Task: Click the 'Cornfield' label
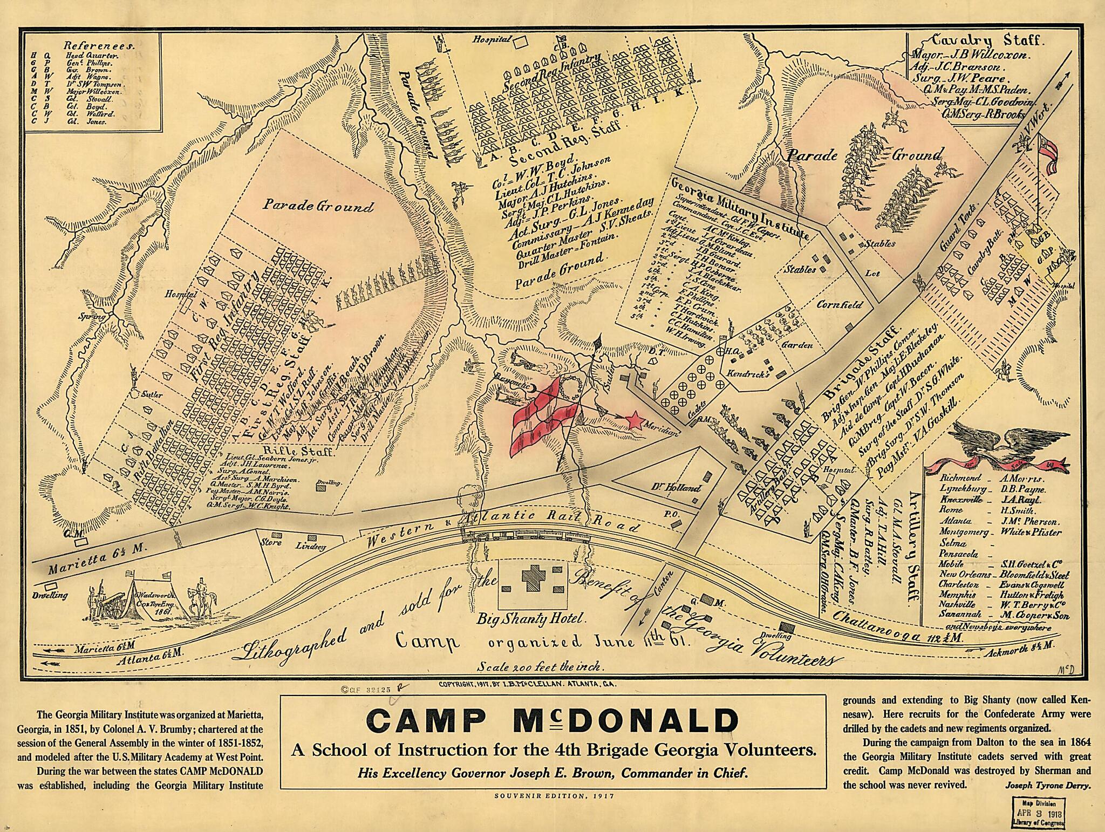(839, 304)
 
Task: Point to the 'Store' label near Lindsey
(270, 542)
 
